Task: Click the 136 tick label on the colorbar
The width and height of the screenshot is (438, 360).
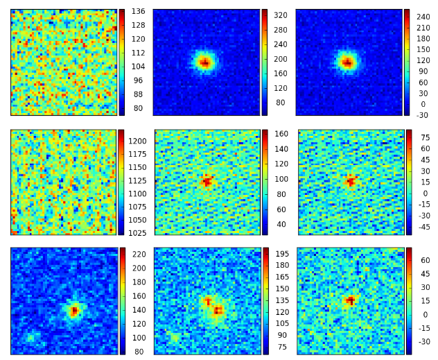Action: pos(138,11)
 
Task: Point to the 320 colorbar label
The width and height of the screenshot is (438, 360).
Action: pos(279,15)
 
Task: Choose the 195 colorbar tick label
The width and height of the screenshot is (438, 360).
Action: pos(281,255)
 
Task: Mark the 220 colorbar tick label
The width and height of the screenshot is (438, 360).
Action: pos(138,254)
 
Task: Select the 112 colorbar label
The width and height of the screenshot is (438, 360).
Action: pos(138,53)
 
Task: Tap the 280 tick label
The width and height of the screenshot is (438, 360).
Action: pos(279,30)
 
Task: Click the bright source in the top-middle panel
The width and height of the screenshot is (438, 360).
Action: pos(204,62)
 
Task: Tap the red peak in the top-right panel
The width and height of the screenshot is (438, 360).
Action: pos(347,62)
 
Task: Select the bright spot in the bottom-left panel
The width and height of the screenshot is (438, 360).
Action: pos(74,311)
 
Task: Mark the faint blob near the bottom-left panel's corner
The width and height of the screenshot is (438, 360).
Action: pos(30,337)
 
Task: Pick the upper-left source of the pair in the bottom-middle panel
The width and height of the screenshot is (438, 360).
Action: pos(207,300)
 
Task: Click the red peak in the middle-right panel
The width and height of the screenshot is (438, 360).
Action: pos(351,181)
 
